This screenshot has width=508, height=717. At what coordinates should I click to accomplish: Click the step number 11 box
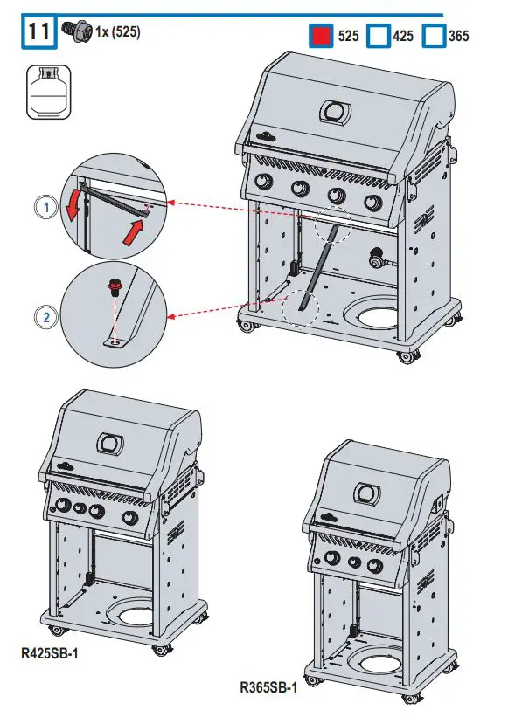pos(37,32)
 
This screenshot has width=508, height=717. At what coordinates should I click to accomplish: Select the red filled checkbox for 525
pos(322,37)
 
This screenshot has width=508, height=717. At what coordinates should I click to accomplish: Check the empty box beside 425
pos(377,37)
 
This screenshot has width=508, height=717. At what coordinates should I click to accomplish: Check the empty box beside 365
pos(433,37)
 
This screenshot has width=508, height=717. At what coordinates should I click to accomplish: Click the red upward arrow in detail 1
pos(130,233)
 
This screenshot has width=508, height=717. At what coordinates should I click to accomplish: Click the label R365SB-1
pos(268,687)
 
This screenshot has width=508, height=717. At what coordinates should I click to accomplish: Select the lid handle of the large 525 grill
pos(336,112)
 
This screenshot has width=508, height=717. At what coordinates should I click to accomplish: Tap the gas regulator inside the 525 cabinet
pos(378,259)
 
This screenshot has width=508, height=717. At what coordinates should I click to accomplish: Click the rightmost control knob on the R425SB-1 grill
pos(130,520)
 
